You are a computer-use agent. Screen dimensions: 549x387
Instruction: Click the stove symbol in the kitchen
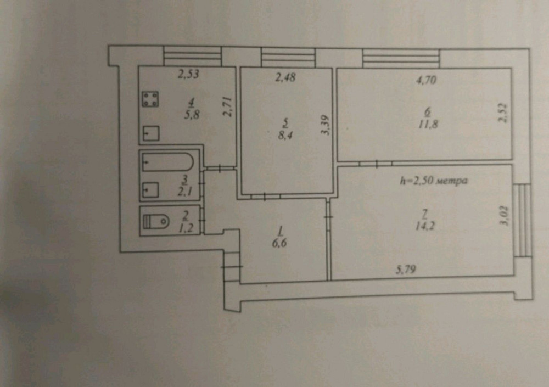tap(150, 99)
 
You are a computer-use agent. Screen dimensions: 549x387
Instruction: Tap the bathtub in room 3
tap(167, 162)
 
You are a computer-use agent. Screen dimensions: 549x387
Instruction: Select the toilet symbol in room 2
tap(156, 221)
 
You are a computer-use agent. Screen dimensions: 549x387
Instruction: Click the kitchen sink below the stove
tap(151, 133)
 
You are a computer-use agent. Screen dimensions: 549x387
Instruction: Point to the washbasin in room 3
tap(150, 190)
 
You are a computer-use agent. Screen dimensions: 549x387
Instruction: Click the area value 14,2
tap(425, 226)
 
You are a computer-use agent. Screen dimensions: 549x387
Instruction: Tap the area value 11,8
tap(428, 124)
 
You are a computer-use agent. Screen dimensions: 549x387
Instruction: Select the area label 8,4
tap(285, 135)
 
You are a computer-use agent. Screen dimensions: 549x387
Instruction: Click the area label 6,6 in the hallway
tap(279, 243)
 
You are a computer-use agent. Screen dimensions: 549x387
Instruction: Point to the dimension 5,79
tap(406, 270)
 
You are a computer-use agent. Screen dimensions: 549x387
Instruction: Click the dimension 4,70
tap(426, 80)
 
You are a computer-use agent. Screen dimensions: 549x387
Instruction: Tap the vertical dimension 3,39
tap(326, 125)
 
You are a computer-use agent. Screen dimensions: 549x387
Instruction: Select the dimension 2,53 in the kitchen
tap(188, 74)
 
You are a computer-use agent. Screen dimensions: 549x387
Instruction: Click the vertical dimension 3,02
tap(505, 216)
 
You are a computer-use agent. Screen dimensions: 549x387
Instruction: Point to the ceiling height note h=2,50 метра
tap(434, 181)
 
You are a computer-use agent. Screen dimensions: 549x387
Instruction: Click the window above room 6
tap(401, 59)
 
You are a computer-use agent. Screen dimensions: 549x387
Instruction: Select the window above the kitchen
tap(193, 56)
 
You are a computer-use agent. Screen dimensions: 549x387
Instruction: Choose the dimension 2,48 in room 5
tap(285, 77)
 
